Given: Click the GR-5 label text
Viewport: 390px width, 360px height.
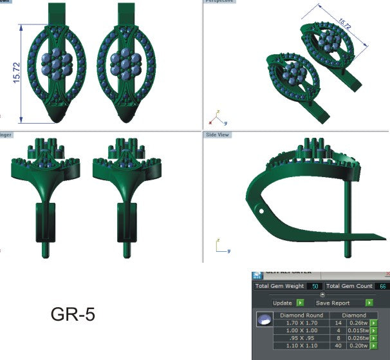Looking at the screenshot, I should pyautogui.click(x=73, y=316).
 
